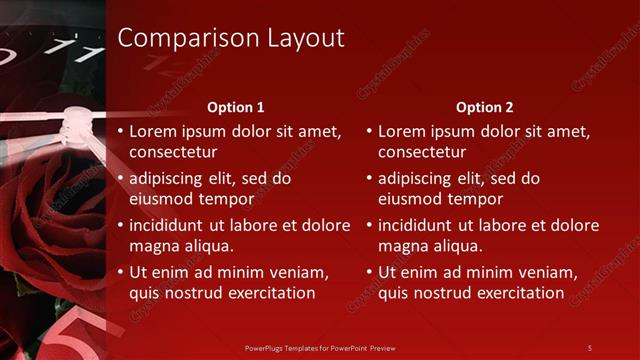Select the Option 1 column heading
point(236,107)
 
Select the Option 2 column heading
point(485,107)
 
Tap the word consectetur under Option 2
point(422,152)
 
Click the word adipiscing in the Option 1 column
point(170,179)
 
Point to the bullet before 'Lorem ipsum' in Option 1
point(121,132)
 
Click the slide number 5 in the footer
point(590,347)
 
